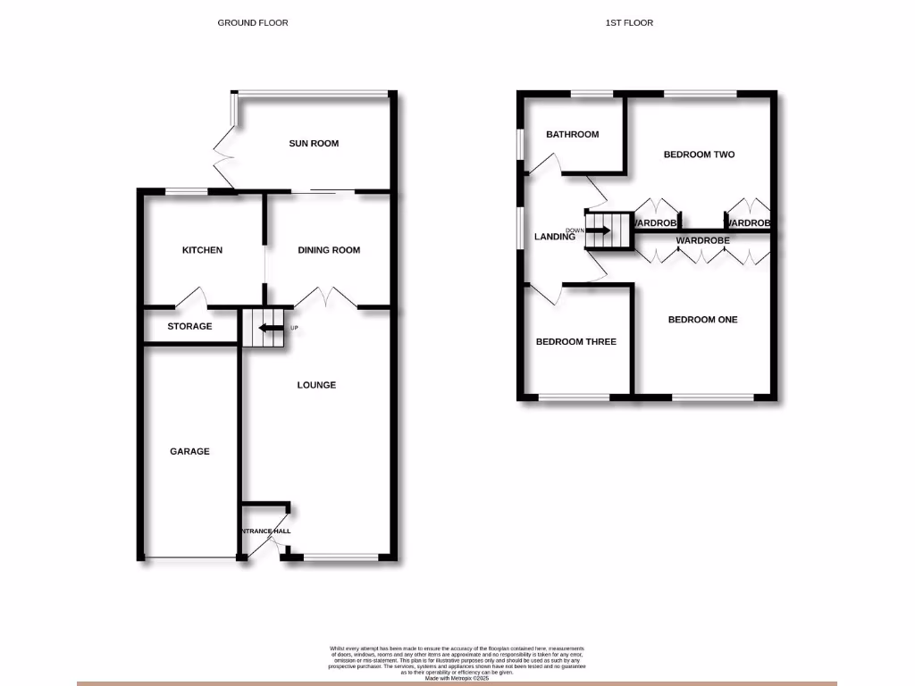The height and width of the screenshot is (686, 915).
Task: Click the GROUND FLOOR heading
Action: [x=253, y=22]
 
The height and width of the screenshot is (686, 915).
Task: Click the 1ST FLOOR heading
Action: [x=628, y=22]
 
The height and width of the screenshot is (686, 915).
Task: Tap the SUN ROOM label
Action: [x=314, y=143]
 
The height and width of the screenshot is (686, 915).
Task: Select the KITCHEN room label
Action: [x=202, y=250]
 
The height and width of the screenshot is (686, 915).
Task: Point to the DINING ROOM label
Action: [x=329, y=250]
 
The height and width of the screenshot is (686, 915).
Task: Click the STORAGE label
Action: [x=189, y=326]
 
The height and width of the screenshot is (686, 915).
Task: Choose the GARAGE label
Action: [x=189, y=451]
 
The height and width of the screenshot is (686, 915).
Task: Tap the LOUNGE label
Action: [x=316, y=385]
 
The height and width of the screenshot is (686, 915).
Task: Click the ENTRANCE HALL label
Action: [x=264, y=531]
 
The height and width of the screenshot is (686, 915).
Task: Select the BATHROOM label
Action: [x=572, y=134]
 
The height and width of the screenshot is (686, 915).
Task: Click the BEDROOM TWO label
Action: [x=699, y=155]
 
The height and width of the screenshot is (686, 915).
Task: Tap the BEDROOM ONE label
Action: [x=702, y=319]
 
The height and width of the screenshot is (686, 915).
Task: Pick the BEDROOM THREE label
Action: [x=575, y=341]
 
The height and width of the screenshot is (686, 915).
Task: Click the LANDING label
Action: [x=554, y=237]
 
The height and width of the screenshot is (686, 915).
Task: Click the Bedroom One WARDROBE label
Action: [x=702, y=240]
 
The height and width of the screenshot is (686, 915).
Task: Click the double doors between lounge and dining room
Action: [x=328, y=297]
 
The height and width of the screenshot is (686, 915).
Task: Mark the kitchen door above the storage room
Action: [x=193, y=297]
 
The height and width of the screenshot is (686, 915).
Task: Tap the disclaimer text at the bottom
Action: [x=457, y=661]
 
